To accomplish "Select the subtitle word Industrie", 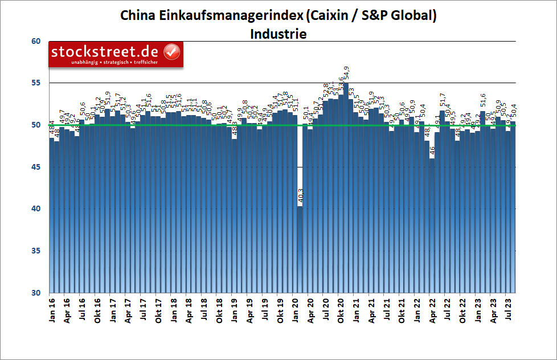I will tap(278, 34).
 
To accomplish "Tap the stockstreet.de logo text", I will tap(106, 52).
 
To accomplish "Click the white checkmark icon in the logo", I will tap(172, 52).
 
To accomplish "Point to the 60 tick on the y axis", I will tap(36, 41).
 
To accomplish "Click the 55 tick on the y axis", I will tap(36, 83).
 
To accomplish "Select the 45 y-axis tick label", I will tap(36, 167).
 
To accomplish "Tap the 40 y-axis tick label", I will tap(36, 209).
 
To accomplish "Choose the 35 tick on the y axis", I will tap(36, 251).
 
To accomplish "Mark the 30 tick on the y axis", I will tap(36, 293).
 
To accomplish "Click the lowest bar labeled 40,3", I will tap(300, 251).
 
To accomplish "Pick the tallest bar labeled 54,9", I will tap(346, 188).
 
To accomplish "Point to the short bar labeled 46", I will tap(432, 228).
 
